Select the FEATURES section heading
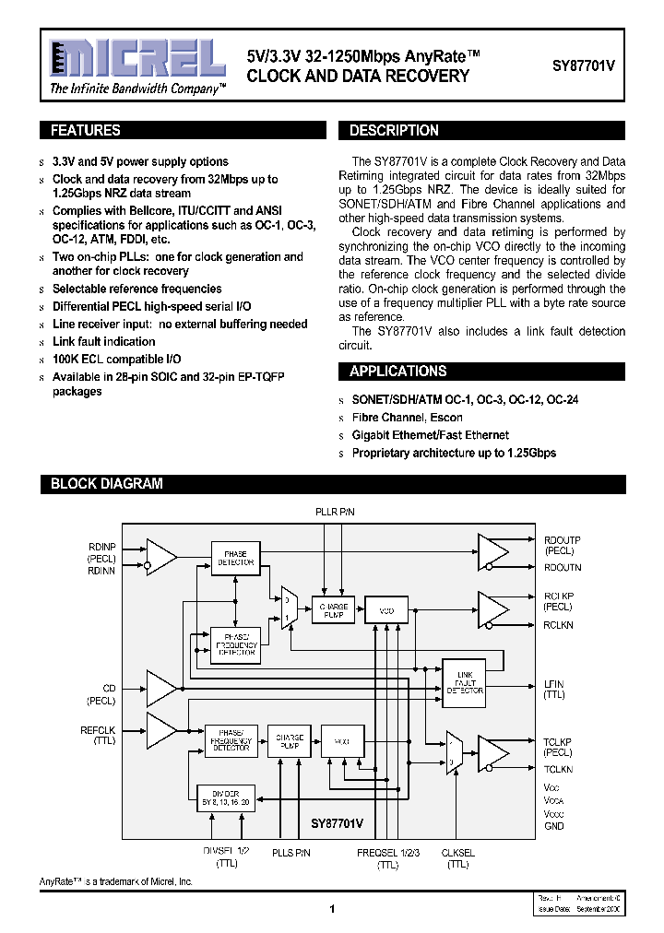click(85, 131)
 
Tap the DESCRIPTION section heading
click(394, 131)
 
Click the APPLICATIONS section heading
click(397, 372)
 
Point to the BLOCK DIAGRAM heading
click(106, 483)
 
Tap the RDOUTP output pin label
click(562, 540)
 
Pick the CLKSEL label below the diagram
click(457, 854)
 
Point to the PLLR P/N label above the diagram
click(334, 511)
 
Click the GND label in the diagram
click(553, 826)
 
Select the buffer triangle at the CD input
click(161, 688)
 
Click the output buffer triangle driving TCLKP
click(492, 752)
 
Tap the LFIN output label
click(553, 684)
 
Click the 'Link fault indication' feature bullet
click(103, 341)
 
